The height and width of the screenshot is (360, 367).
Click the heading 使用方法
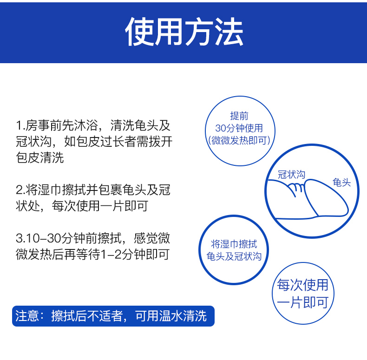(x=184, y=32)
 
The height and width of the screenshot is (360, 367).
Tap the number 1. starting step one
(x=20, y=125)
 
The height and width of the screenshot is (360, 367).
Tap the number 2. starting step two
(x=20, y=190)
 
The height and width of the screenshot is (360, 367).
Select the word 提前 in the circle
(x=239, y=116)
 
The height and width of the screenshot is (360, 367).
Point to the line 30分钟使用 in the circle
(x=239, y=128)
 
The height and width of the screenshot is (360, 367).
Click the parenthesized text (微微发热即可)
(x=239, y=140)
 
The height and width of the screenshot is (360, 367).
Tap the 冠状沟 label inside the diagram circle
(x=291, y=174)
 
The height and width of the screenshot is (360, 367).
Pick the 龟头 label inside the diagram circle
(x=342, y=183)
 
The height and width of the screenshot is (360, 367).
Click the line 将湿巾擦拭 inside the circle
(x=234, y=244)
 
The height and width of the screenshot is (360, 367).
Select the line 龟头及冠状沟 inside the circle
(x=234, y=256)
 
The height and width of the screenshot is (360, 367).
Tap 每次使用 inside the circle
(x=302, y=285)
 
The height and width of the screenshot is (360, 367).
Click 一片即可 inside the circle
(x=302, y=302)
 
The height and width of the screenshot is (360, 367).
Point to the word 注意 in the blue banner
(x=27, y=316)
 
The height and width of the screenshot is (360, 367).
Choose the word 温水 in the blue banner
(x=171, y=316)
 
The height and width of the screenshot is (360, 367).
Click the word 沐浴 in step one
(x=86, y=125)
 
